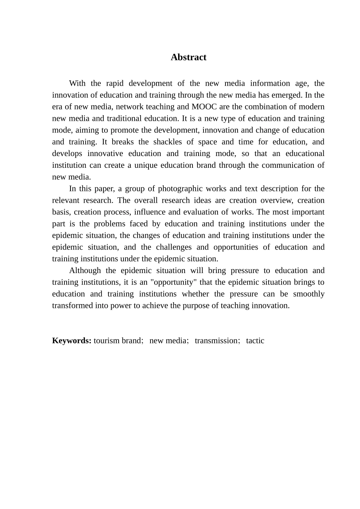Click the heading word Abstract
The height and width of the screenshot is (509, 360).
click(188, 57)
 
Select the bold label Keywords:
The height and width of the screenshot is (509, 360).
click(72, 340)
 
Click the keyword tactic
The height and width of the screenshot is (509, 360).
click(255, 340)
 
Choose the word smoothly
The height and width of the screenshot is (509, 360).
click(309, 294)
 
